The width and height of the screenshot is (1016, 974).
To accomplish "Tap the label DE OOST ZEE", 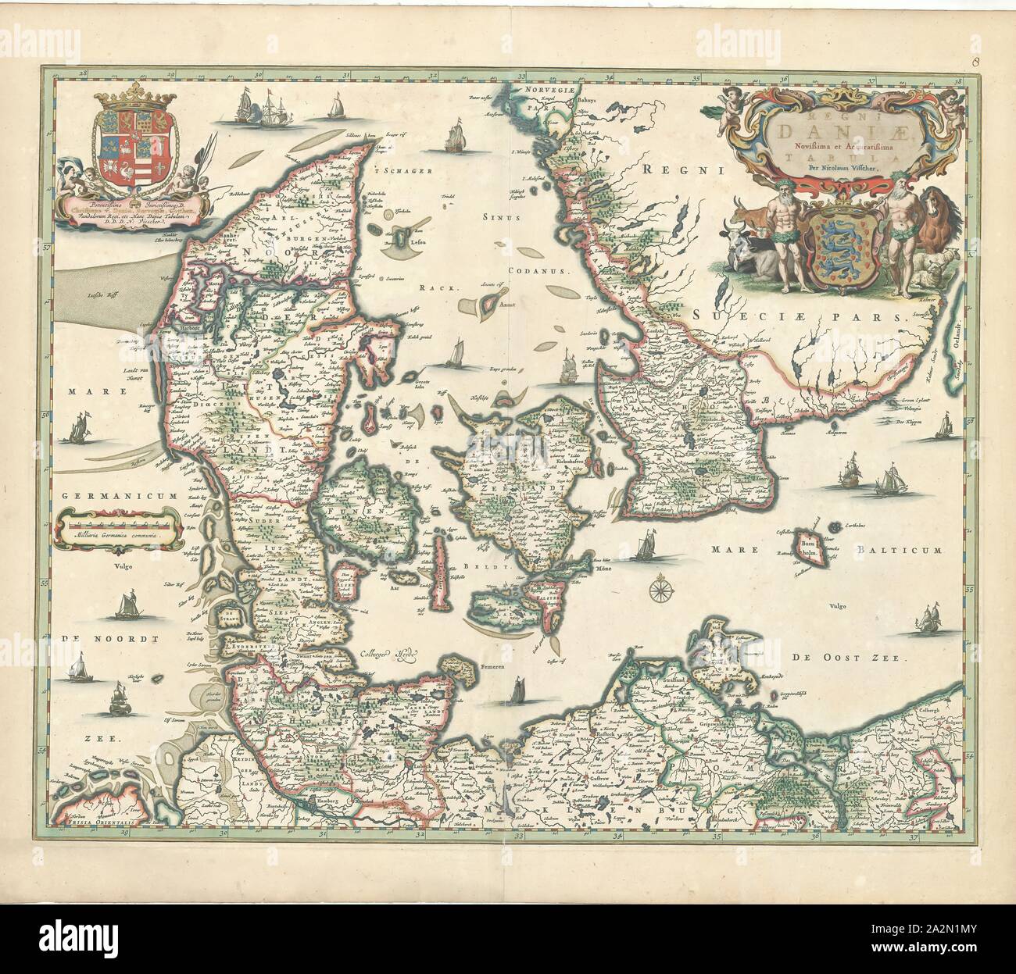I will pos(845,659).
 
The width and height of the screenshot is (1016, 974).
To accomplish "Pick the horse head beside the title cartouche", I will pos(936,207).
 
